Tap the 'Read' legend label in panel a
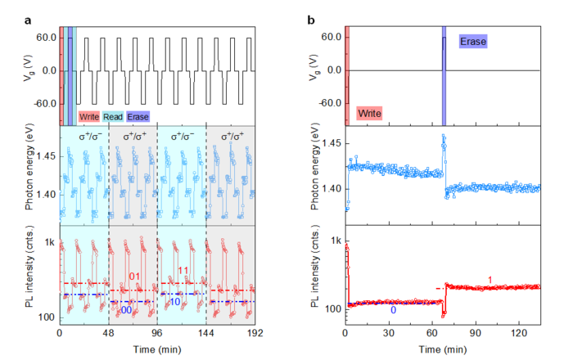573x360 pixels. pyautogui.click(x=115, y=117)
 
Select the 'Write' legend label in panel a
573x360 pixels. pyautogui.click(x=89, y=117)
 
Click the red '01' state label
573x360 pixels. pyautogui.click(x=136, y=277)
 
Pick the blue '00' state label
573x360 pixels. pyautogui.click(x=126, y=311)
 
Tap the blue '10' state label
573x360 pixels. pyautogui.click(x=175, y=302)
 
